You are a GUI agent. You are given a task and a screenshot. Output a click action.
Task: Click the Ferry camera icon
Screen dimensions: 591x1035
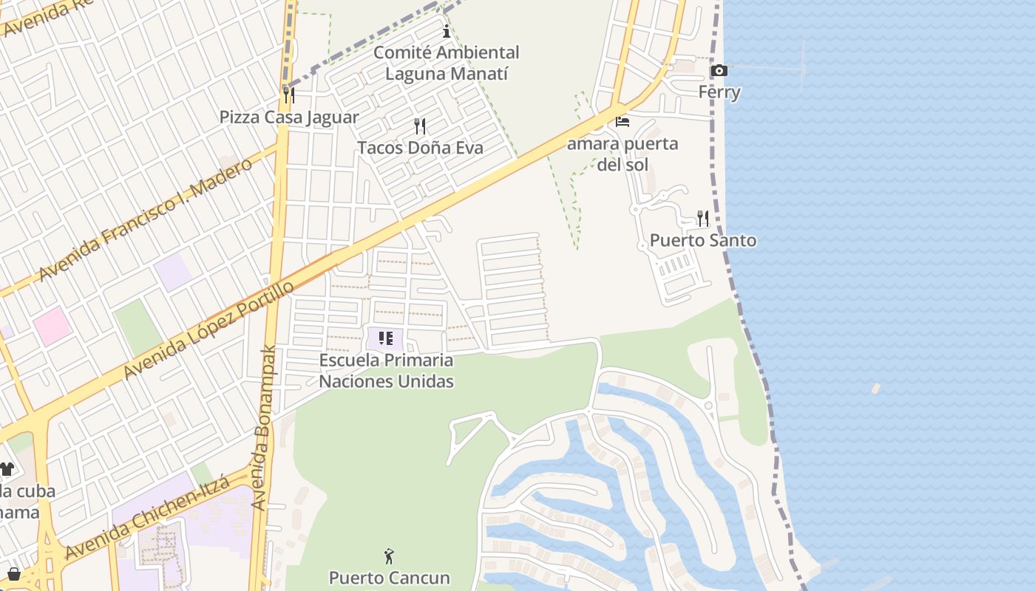tap(719, 71)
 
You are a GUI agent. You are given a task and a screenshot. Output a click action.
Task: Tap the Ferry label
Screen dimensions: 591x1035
tap(719, 92)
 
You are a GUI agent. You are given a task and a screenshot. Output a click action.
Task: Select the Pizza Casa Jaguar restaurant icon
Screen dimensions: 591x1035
tap(289, 95)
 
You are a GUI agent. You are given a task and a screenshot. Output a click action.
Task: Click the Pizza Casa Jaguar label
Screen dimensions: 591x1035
tap(289, 117)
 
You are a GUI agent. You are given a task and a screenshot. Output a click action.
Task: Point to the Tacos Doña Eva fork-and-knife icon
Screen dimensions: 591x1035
tap(420, 126)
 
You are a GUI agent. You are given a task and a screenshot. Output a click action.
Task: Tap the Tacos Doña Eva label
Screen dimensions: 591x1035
tap(420, 148)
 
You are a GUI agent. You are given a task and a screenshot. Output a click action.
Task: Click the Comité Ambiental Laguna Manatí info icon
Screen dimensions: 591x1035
tap(446, 32)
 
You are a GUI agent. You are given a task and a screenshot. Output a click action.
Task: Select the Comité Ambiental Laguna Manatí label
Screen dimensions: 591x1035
tap(446, 63)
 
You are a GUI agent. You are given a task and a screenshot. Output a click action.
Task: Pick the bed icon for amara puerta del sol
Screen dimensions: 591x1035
tap(622, 122)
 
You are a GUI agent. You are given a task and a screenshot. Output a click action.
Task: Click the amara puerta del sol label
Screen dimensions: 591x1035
tap(622, 154)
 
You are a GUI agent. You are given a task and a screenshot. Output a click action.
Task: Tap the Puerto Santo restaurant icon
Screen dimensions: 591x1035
tap(702, 219)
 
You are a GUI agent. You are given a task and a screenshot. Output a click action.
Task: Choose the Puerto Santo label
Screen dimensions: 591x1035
tap(702, 241)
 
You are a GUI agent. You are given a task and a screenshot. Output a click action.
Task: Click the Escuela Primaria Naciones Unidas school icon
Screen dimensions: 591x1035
tap(385, 339)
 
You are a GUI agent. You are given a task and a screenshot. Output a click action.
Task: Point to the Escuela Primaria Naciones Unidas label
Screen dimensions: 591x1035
tap(386, 371)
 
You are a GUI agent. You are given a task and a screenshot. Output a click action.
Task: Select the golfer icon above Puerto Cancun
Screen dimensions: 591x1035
tap(389, 556)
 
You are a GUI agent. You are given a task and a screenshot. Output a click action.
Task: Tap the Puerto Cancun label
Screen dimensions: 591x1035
tap(389, 578)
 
